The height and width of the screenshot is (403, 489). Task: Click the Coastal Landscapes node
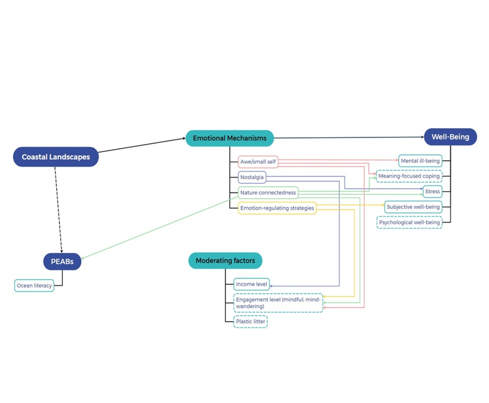[56, 157]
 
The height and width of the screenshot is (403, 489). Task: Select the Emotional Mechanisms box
[229, 138]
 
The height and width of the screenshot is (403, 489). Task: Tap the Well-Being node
[450, 137]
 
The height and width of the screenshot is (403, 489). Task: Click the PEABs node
[62, 262]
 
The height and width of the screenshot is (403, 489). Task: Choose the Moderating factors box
[225, 261]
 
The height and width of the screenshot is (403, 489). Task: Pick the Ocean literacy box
[34, 286]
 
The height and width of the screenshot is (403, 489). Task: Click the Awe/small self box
[258, 162]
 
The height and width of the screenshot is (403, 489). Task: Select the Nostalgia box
[252, 177]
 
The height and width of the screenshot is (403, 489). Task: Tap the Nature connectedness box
[268, 193]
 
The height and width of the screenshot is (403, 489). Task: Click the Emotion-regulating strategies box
[277, 208]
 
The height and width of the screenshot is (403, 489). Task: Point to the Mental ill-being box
[420, 160]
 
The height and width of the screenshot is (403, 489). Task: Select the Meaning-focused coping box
[409, 176]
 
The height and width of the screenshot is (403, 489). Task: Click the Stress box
[432, 191]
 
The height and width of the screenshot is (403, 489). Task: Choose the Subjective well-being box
[413, 207]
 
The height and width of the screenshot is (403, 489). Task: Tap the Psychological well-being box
[409, 223]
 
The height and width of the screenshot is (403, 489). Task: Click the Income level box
[252, 284]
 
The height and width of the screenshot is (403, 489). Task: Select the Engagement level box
[278, 303]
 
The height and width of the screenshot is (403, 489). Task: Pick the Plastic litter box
[250, 322]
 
